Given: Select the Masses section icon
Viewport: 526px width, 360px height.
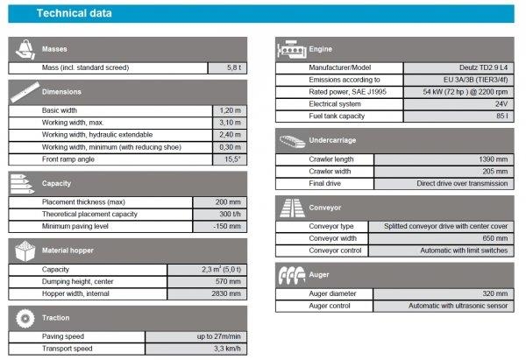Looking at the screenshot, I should point(24,48).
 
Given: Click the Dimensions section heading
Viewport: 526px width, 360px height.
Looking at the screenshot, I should point(61,91).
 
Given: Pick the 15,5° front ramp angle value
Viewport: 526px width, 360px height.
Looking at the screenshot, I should point(230,159).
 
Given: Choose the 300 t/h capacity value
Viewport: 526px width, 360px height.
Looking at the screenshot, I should point(220,215).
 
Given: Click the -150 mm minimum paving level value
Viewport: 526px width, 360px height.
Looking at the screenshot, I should point(220,227).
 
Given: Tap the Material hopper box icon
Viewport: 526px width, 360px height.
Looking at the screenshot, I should point(24,251).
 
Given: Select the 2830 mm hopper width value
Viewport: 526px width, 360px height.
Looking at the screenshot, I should point(220,293).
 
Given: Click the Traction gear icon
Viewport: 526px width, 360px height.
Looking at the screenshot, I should point(24,317).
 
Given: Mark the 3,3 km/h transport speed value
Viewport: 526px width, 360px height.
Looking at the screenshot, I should point(220,349).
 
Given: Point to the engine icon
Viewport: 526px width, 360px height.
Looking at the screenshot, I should point(291,48).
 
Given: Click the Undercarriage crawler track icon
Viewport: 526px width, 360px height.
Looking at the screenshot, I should point(291,140).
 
